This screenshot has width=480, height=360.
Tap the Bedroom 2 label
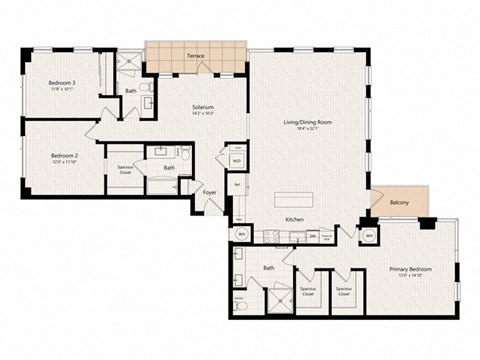pyautogui.click(x=65, y=155)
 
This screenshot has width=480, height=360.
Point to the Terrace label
pyautogui.click(x=196, y=56)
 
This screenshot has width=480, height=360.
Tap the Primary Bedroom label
pyautogui.click(x=407, y=268)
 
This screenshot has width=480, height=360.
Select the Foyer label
pyautogui.click(x=210, y=192)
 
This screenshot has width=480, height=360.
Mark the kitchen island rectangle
pyautogui.click(x=300, y=196)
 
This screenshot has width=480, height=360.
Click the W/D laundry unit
pyautogui.click(x=236, y=160)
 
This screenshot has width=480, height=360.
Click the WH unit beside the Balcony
pyautogui.click(x=369, y=235)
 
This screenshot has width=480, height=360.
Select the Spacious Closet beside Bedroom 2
pyautogui.click(x=126, y=170)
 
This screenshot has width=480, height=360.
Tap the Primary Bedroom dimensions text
pyautogui.click(x=407, y=275)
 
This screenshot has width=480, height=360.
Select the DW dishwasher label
pyautogui.click(x=313, y=236)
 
